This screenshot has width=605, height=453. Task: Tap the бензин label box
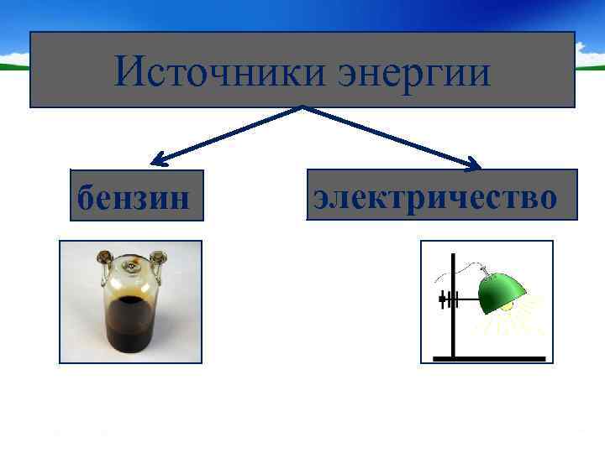click(137, 195)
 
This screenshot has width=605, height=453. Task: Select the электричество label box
click(442, 195)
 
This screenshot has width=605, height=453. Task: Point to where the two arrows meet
click(302, 107)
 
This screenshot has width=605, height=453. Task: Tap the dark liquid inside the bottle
click(130, 323)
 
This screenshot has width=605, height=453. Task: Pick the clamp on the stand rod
click(446, 298)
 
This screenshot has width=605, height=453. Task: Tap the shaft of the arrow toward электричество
click(387, 134)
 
